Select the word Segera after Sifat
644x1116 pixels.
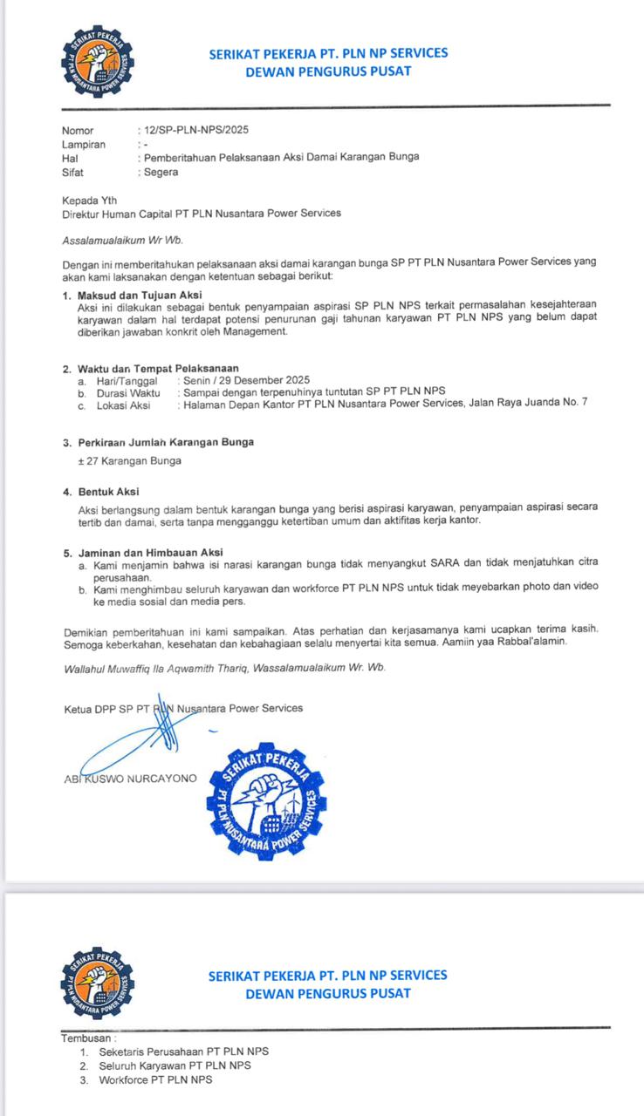click(161, 172)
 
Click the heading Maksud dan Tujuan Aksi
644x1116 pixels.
click(139, 296)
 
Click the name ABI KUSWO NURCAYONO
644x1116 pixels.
click(131, 778)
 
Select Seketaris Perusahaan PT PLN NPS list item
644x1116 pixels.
click(183, 1051)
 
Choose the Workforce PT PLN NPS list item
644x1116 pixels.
click(155, 1079)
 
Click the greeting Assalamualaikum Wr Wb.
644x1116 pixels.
click(122, 240)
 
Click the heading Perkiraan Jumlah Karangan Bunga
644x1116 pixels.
click(166, 442)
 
